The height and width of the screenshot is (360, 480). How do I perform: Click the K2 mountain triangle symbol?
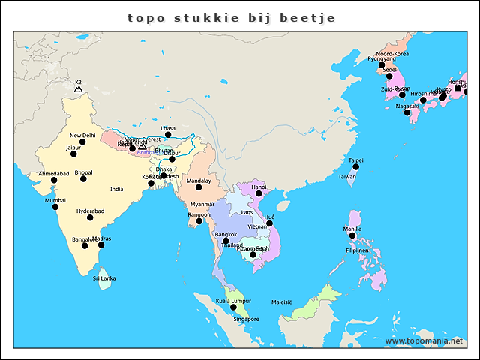(78, 89)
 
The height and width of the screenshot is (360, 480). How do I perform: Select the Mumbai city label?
(55, 200)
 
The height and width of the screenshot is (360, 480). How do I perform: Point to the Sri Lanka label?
(104, 278)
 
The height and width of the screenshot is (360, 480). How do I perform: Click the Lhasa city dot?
(168, 136)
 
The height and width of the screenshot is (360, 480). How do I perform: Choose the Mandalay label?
(199, 181)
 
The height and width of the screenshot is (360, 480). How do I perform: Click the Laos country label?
(247, 212)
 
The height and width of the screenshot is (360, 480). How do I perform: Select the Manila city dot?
(352, 235)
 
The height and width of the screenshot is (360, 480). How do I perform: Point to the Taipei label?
(356, 160)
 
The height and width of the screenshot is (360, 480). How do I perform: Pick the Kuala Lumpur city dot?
(233, 307)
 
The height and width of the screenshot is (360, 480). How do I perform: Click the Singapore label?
(246, 319)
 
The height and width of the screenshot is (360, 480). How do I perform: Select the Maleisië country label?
(282, 301)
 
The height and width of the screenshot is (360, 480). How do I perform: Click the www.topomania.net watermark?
(424, 341)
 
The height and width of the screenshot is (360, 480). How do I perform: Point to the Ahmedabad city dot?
(54, 181)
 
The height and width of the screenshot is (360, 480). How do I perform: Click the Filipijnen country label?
(358, 250)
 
